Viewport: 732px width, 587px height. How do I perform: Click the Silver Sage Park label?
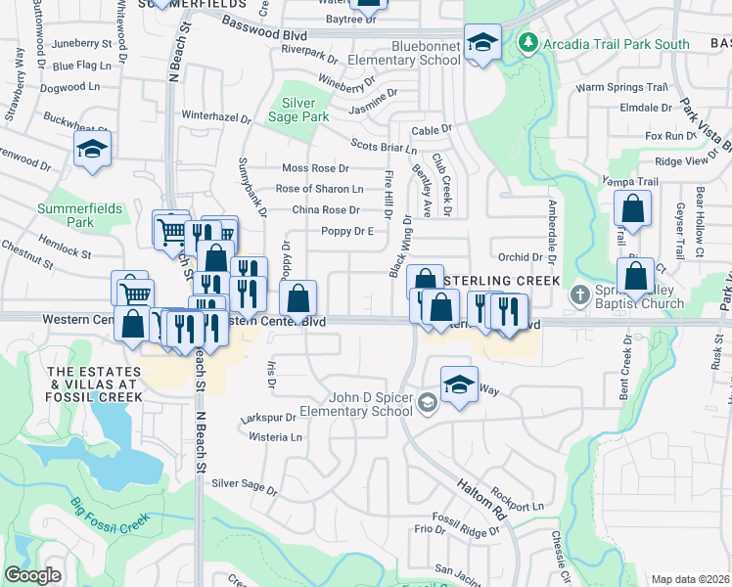[298, 110]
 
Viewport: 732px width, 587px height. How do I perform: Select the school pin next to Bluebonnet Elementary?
[481, 42]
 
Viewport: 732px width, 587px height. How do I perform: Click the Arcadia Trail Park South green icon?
[527, 42]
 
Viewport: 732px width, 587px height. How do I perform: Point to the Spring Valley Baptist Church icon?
[579, 293]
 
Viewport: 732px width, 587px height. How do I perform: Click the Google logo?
[33, 575]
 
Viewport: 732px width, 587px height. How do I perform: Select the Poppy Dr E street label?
[347, 231]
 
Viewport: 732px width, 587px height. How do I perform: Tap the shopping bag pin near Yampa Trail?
[633, 208]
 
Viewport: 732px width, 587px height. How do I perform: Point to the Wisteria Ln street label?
[275, 437]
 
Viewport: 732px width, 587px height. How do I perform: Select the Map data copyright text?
[690, 579]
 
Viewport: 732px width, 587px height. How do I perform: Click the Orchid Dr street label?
[520, 257]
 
